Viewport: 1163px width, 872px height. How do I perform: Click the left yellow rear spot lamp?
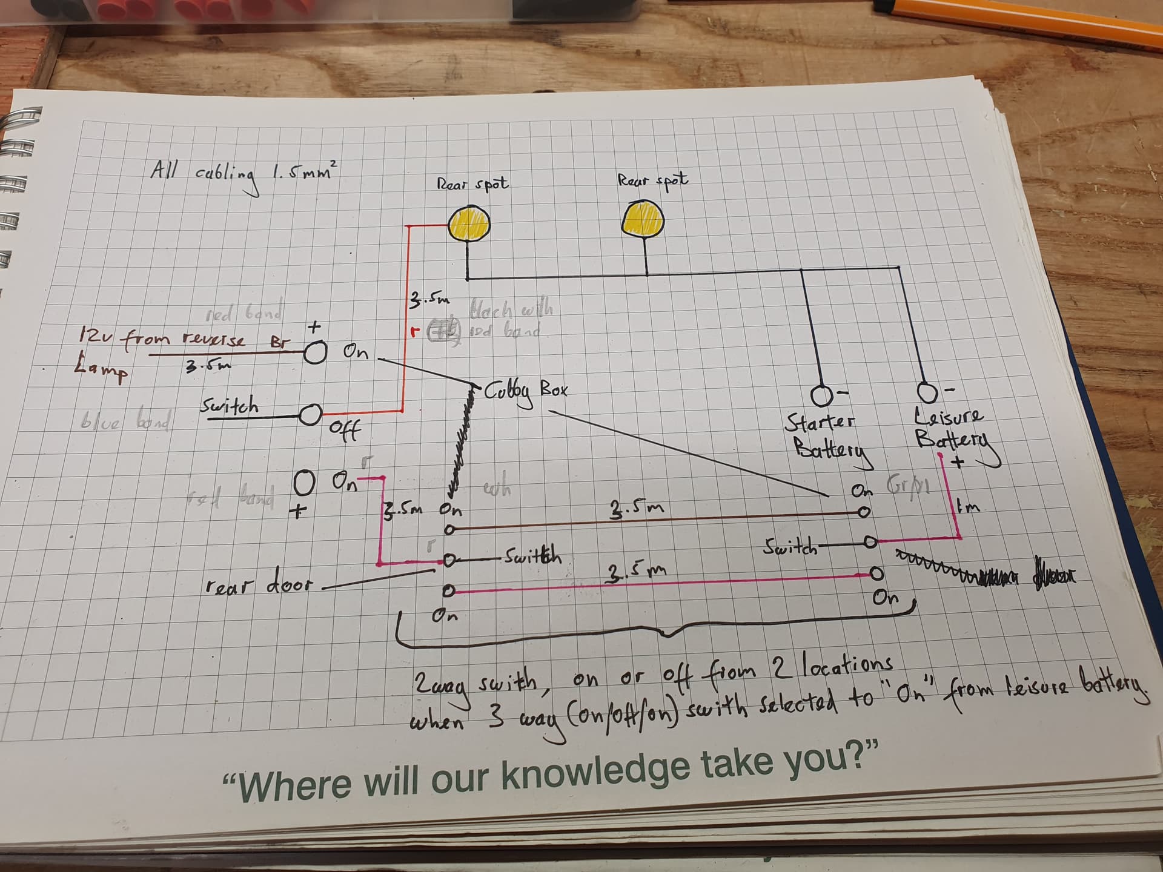pyautogui.click(x=469, y=225)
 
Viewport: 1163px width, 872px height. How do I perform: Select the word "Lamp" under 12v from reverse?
pyautogui.click(x=101, y=371)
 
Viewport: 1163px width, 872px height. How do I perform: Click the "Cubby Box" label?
pyautogui.click(x=525, y=391)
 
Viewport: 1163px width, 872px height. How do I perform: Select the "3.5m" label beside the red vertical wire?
pyautogui.click(x=429, y=299)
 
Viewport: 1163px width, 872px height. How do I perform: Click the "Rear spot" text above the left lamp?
pyautogui.click(x=472, y=183)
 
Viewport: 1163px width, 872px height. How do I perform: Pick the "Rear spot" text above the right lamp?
pyautogui.click(x=652, y=180)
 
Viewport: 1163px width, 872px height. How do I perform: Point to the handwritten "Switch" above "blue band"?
pyautogui.click(x=230, y=406)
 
